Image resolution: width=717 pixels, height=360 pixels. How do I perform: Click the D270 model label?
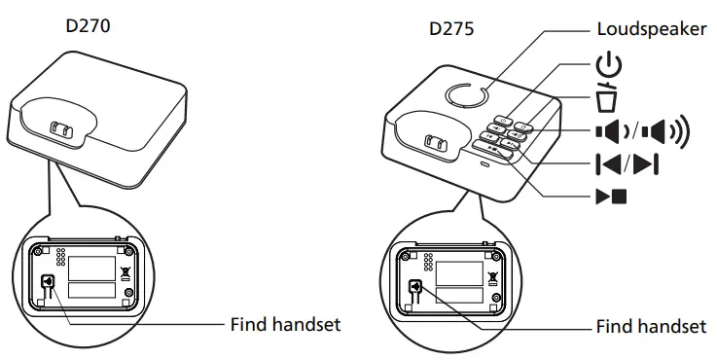[88, 27]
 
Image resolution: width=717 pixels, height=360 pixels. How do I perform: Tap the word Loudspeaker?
[652, 29]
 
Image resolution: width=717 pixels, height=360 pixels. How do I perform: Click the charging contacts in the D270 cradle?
[60, 129]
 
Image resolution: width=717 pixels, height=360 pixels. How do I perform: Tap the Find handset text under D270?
[285, 324]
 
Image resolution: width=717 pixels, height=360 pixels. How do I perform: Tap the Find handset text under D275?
[652, 327]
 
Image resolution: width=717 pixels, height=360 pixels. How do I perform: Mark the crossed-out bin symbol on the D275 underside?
[492, 276]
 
